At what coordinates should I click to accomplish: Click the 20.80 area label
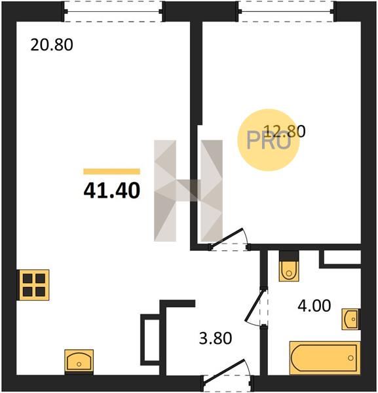(52, 45)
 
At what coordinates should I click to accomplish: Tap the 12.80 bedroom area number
(285, 131)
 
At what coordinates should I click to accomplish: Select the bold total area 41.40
(112, 190)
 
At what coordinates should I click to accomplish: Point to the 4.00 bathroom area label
(314, 306)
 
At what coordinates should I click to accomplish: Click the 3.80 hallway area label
(216, 338)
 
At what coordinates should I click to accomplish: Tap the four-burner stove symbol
(33, 285)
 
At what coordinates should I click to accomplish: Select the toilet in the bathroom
(289, 266)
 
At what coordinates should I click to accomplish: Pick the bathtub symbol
(325, 358)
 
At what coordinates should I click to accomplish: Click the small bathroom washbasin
(351, 319)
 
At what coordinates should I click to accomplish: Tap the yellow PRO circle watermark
(269, 140)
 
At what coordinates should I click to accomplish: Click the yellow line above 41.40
(112, 172)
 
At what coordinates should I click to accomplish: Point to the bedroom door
(229, 239)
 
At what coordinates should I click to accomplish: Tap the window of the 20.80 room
(113, 11)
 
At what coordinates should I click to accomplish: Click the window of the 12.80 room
(286, 11)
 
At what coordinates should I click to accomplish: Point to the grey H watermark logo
(188, 191)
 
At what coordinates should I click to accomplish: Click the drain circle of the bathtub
(350, 358)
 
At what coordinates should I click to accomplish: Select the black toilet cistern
(289, 255)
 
